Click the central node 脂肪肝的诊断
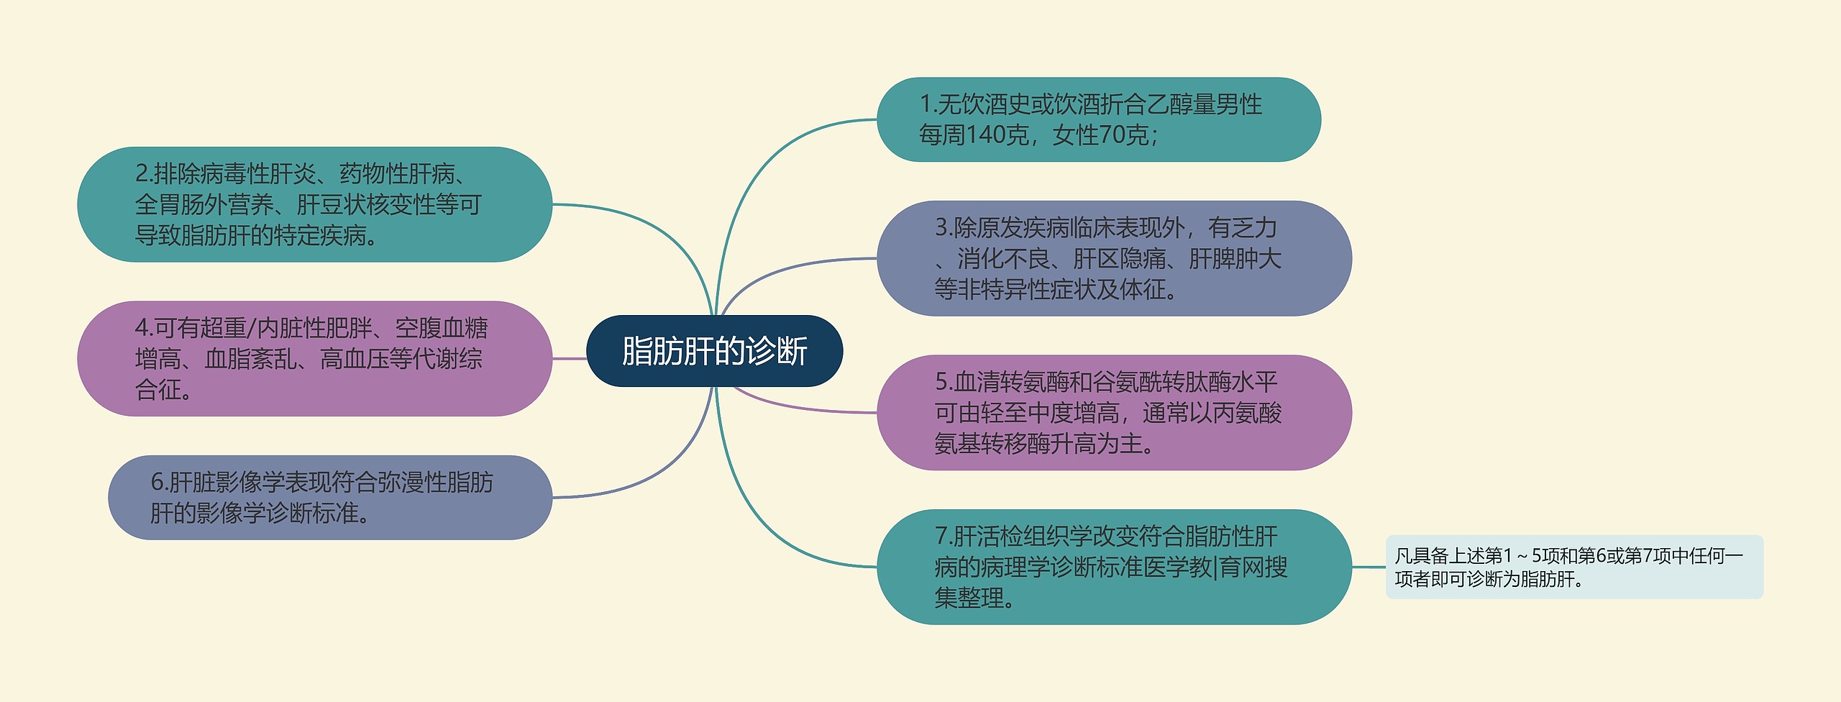tap(714, 351)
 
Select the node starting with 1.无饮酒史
tap(1098, 119)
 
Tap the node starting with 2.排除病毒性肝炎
tap(314, 204)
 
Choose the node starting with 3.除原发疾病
tap(1113, 258)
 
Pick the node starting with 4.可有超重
tap(314, 358)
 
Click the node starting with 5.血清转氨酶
tap(1113, 413)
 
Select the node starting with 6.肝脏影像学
tap(329, 497)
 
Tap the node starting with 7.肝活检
tap(1113, 567)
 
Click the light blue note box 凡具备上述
tap(1573, 567)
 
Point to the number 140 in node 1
tap(985, 135)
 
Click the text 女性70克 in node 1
tap(1100, 135)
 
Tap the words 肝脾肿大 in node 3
tap(1235, 259)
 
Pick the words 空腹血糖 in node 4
tap(441, 328)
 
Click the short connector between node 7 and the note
tap(1369, 567)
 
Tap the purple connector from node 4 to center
tap(570, 358)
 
